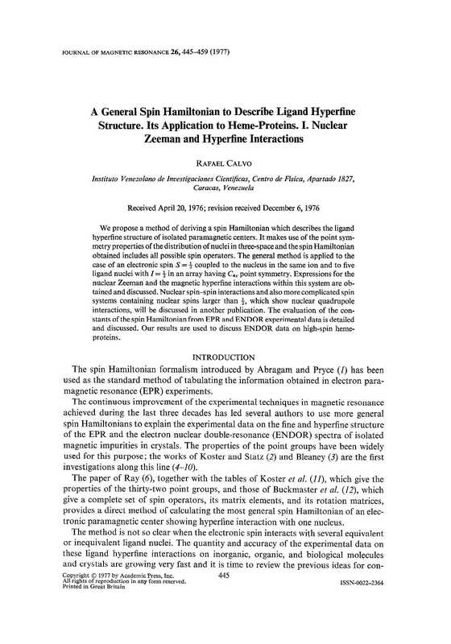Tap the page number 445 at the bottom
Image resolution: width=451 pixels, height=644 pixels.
[x=225, y=623]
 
